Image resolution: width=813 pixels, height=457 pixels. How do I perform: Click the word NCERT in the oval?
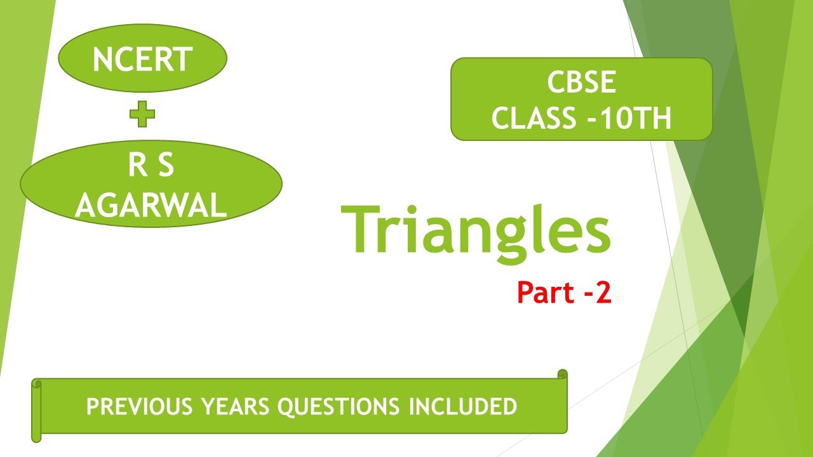point(142,60)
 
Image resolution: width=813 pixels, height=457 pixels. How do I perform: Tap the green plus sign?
point(142,115)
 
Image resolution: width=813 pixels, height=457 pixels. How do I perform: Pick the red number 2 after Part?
point(603,293)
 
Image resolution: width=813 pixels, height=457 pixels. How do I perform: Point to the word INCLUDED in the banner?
point(463,407)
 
